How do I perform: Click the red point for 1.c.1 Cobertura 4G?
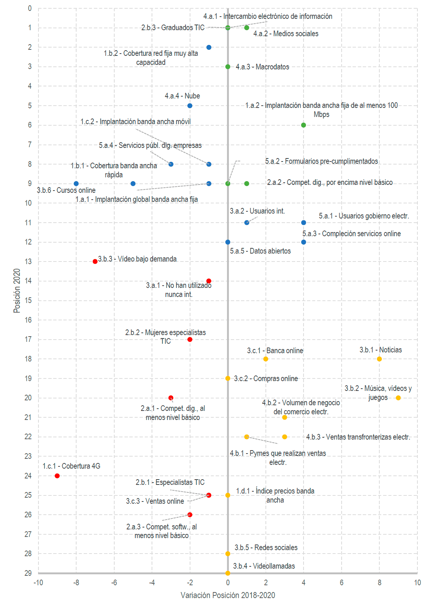(57, 476)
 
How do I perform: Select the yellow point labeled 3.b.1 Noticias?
(379, 359)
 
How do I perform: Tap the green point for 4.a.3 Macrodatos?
(228, 67)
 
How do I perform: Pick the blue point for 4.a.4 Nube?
(190, 106)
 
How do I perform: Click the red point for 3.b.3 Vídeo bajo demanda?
(95, 261)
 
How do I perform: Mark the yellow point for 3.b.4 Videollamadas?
(228, 573)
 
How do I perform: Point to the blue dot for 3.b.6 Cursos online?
(76, 184)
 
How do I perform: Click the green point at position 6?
(304, 125)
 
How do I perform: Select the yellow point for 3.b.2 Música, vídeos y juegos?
(398, 398)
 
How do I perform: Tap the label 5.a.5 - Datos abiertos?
(260, 251)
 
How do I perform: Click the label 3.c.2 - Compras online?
(265, 378)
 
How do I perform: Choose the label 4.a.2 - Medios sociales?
(285, 34)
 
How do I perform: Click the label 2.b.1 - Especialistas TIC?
(170, 482)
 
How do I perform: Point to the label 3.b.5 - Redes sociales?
(266, 548)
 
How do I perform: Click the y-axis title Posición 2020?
(17, 291)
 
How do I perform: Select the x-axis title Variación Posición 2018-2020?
(228, 595)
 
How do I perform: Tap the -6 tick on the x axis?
(114, 583)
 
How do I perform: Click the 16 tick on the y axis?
(28, 320)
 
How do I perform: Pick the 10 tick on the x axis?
(417, 583)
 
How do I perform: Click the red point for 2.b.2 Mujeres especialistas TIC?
(190, 340)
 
